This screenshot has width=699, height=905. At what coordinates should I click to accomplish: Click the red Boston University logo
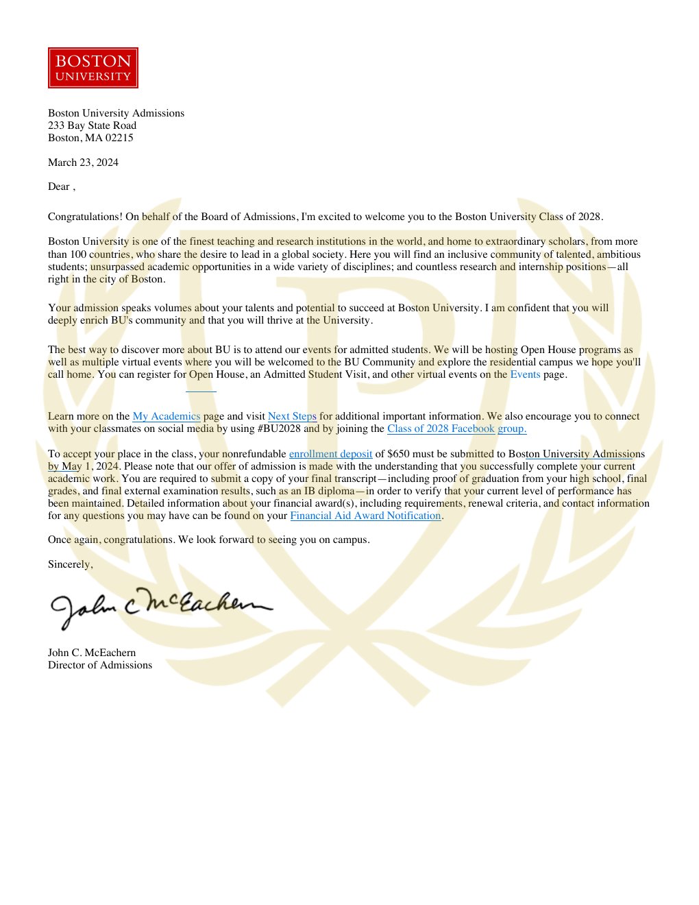click(x=93, y=68)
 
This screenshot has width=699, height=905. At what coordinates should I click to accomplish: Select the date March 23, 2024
click(x=83, y=162)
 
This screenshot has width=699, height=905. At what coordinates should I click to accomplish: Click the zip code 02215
click(x=119, y=138)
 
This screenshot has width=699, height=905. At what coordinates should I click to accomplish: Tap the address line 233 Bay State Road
click(x=92, y=125)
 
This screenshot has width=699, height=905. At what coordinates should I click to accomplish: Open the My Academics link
click(x=167, y=416)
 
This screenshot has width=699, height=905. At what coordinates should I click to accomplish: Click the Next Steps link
click(x=292, y=416)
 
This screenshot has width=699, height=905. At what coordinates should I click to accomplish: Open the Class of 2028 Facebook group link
click(x=456, y=429)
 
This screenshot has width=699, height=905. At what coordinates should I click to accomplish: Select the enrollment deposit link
click(x=330, y=454)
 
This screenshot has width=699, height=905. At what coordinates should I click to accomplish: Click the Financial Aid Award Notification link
click(x=365, y=516)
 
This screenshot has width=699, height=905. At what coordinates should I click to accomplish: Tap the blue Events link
click(x=525, y=374)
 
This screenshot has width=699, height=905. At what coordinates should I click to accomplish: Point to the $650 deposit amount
click(x=398, y=454)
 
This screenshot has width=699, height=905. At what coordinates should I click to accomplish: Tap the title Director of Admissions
click(x=100, y=665)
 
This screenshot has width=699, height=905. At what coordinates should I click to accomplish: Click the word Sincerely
click(x=70, y=564)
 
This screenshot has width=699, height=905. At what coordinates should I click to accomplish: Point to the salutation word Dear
click(x=59, y=186)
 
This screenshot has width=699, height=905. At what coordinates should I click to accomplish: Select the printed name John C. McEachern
click(x=92, y=653)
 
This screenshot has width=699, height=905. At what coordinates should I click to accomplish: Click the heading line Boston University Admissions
click(x=116, y=113)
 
